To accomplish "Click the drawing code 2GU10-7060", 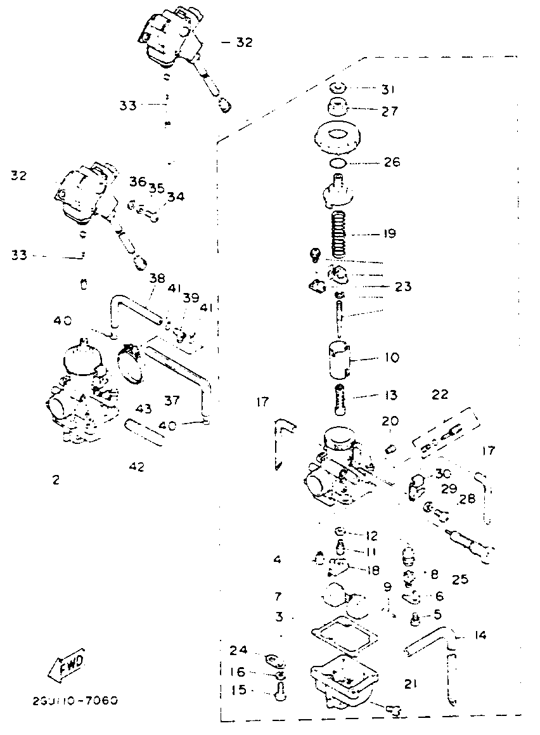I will click(75, 701).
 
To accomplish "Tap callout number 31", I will click(389, 89).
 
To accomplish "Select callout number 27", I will click(390, 111).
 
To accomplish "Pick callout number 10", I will click(392, 358).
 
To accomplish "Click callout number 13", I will click(391, 396).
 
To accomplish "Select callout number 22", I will click(440, 394).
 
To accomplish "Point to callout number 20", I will click(390, 421).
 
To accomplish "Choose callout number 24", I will click(238, 649).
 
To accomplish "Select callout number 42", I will click(136, 467).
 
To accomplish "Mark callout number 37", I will click(172, 400).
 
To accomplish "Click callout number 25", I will click(460, 580).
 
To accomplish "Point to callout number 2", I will click(56, 480).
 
